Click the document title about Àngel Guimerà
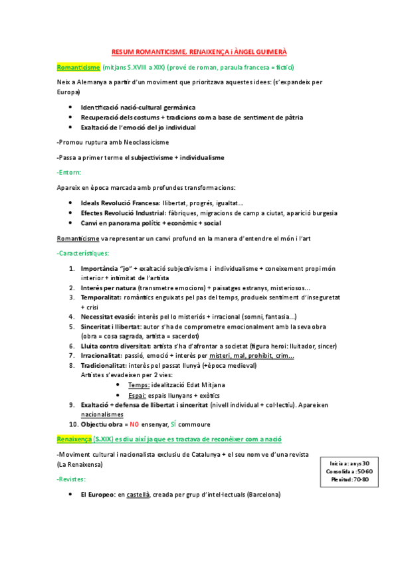tap(199, 51)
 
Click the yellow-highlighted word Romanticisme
tap(78, 67)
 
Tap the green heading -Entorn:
tap(70, 172)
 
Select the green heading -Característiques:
tap(84, 254)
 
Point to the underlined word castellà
tap(138, 495)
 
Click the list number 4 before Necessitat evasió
tap(72, 317)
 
